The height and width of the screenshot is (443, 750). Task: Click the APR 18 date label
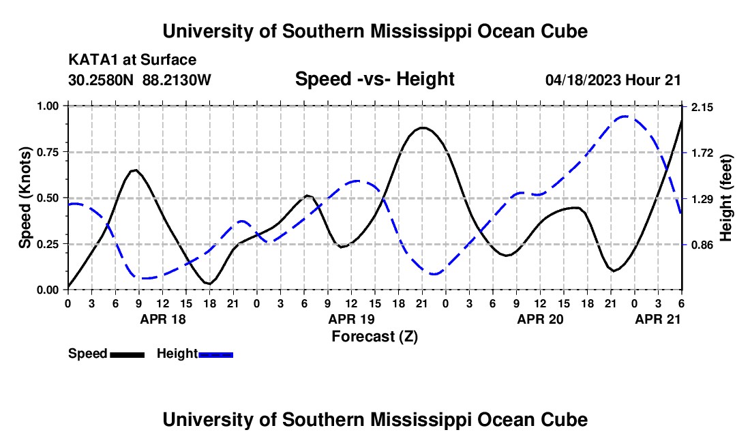pos(162,319)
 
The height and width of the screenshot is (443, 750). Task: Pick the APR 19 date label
pos(352,319)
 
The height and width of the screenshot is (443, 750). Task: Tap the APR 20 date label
pos(541,319)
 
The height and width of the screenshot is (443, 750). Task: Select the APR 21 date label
pos(658,319)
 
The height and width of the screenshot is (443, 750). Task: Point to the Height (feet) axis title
pos(725,198)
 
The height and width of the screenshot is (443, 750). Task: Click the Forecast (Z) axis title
pos(375,336)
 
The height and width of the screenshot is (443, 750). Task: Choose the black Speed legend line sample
pos(127,354)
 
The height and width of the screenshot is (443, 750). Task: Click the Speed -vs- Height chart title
pos(374,79)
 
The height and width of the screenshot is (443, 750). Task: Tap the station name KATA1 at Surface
pos(132,61)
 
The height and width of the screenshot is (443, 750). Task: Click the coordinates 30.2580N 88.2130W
pos(140,80)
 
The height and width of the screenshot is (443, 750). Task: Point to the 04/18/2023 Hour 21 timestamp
pos(613,80)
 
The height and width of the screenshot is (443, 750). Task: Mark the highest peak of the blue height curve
pos(624,117)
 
